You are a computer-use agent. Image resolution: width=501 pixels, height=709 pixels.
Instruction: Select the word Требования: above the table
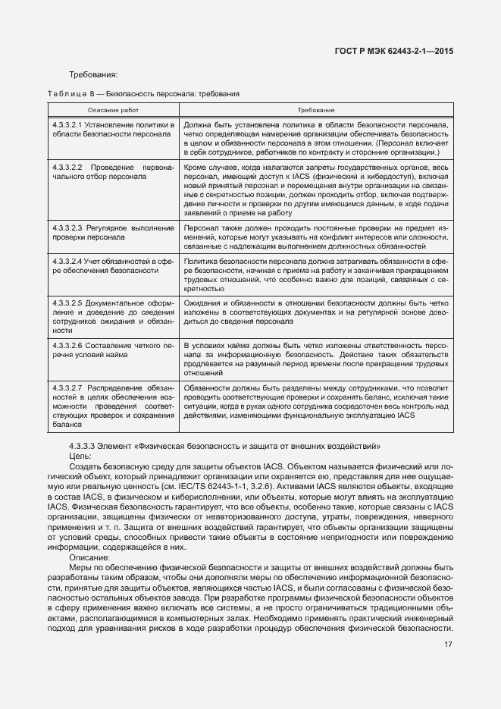click(93, 74)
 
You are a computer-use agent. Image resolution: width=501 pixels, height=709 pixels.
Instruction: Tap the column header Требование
click(315, 110)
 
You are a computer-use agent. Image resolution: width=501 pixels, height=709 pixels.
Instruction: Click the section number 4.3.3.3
click(83, 446)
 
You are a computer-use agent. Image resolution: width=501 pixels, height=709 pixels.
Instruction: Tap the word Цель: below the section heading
click(80, 456)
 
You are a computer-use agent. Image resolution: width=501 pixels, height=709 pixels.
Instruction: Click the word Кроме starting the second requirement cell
click(196, 166)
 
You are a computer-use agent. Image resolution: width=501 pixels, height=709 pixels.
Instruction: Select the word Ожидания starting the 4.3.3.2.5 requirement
click(202, 303)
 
